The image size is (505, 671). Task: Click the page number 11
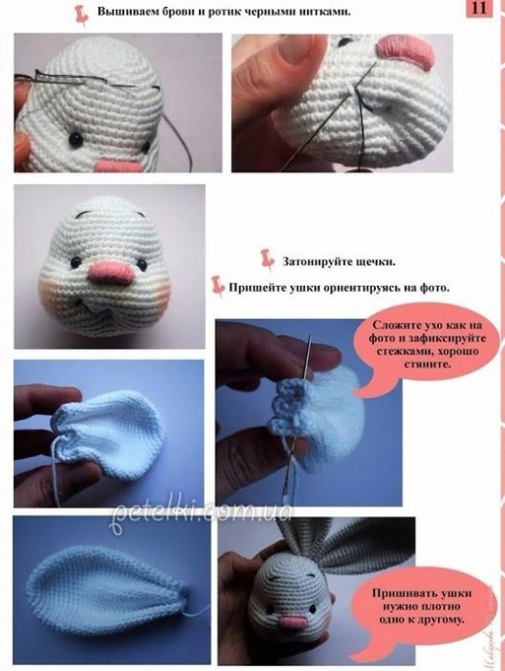tap(479, 8)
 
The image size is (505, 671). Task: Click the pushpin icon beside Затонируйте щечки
tap(267, 259)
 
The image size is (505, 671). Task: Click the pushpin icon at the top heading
tap(82, 15)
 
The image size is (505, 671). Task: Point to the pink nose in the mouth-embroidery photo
tap(406, 51)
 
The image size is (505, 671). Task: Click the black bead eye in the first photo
tap(77, 137)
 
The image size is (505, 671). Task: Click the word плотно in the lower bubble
tap(441, 607)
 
